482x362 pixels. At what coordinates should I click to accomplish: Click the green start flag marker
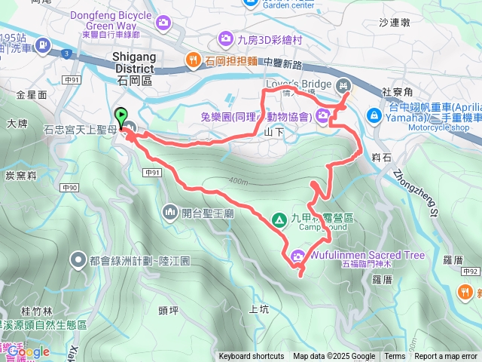coord(121,115)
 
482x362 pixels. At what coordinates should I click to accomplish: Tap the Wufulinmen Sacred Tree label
coord(367,255)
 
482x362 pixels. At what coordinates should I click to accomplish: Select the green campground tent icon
coord(279,219)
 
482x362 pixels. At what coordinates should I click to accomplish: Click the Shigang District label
coord(133,62)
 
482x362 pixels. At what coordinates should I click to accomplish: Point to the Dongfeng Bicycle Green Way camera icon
coord(162,23)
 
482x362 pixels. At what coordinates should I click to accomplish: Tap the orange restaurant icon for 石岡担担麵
coord(194,60)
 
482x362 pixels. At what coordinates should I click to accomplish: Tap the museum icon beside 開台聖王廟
coord(167,213)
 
